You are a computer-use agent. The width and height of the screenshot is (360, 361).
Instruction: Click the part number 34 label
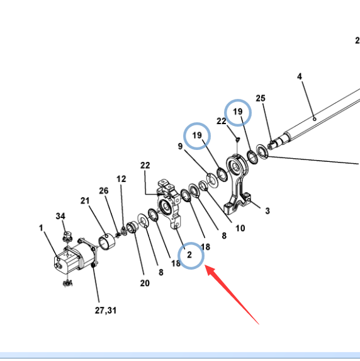pyautogui.click(x=60, y=216)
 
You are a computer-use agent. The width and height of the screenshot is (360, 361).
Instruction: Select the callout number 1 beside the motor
pyautogui.click(x=41, y=228)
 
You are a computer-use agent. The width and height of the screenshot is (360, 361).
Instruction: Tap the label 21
pyautogui.click(x=85, y=201)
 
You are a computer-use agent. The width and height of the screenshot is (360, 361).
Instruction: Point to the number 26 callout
pyautogui.click(x=103, y=191)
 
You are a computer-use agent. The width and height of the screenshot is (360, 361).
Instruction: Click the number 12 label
pyautogui.click(x=121, y=179)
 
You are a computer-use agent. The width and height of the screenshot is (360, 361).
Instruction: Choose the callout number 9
pyautogui.click(x=181, y=146)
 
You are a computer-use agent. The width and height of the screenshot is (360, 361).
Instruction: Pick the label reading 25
pyautogui.click(x=261, y=98)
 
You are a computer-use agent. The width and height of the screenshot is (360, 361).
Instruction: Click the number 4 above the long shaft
pyautogui.click(x=300, y=76)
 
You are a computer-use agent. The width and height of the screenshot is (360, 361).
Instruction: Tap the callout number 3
pyautogui.click(x=267, y=211)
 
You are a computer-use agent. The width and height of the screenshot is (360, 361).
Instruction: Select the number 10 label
pyautogui.click(x=240, y=229)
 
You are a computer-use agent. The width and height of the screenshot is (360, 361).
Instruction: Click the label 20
pyautogui.click(x=145, y=283)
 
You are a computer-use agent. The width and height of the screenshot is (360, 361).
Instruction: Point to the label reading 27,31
pyautogui.click(x=106, y=311)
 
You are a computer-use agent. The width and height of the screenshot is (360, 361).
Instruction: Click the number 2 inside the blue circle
pyautogui.click(x=189, y=255)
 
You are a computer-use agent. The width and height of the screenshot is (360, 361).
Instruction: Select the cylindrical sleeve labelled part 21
pyautogui.click(x=107, y=241)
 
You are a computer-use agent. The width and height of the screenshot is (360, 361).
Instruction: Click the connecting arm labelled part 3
pyautogui.click(x=237, y=184)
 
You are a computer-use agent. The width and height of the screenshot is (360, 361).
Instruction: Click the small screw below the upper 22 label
pyautogui.click(x=238, y=139)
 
